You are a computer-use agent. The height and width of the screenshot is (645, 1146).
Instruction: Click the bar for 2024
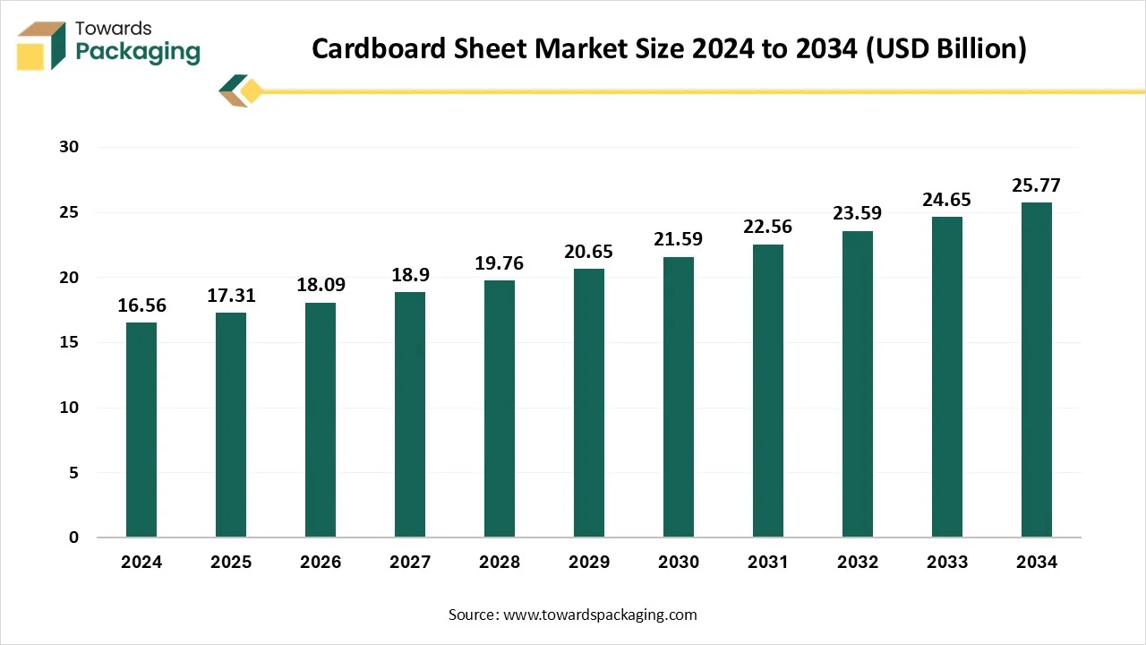click(141, 430)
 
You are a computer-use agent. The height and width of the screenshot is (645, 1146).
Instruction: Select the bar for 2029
click(589, 403)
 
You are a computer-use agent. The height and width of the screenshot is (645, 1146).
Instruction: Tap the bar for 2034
click(1037, 370)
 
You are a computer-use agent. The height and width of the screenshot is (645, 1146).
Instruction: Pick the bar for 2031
click(768, 391)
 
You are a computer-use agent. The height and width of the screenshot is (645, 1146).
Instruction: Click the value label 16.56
click(141, 305)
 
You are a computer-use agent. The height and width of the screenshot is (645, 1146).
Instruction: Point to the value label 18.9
click(410, 275)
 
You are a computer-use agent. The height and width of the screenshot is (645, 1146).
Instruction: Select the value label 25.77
click(1037, 185)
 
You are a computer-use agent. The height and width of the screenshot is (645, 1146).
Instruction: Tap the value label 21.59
click(679, 240)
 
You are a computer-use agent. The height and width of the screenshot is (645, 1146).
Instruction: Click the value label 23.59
click(858, 214)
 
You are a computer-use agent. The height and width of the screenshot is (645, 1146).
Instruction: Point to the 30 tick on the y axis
click(69, 148)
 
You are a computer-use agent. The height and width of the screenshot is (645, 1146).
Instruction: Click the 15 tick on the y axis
click(69, 343)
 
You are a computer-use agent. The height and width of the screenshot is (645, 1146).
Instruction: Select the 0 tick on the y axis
click(74, 537)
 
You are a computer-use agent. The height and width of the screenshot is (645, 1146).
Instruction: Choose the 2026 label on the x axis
click(321, 563)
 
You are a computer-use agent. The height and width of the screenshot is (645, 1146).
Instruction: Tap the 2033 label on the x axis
click(947, 563)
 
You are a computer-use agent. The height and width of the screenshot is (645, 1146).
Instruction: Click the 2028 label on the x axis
click(500, 563)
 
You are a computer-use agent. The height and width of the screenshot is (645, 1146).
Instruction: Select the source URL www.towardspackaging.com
click(601, 615)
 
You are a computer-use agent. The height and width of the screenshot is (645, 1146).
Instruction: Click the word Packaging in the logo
click(138, 51)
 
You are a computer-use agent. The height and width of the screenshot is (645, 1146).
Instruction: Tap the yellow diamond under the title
click(251, 90)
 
